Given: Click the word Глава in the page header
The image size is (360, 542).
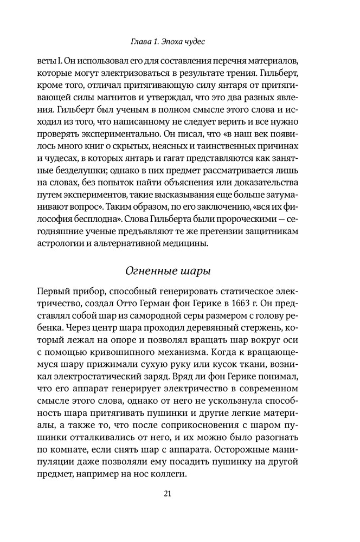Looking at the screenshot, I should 143,41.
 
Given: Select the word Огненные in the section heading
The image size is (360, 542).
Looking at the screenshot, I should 149,269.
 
